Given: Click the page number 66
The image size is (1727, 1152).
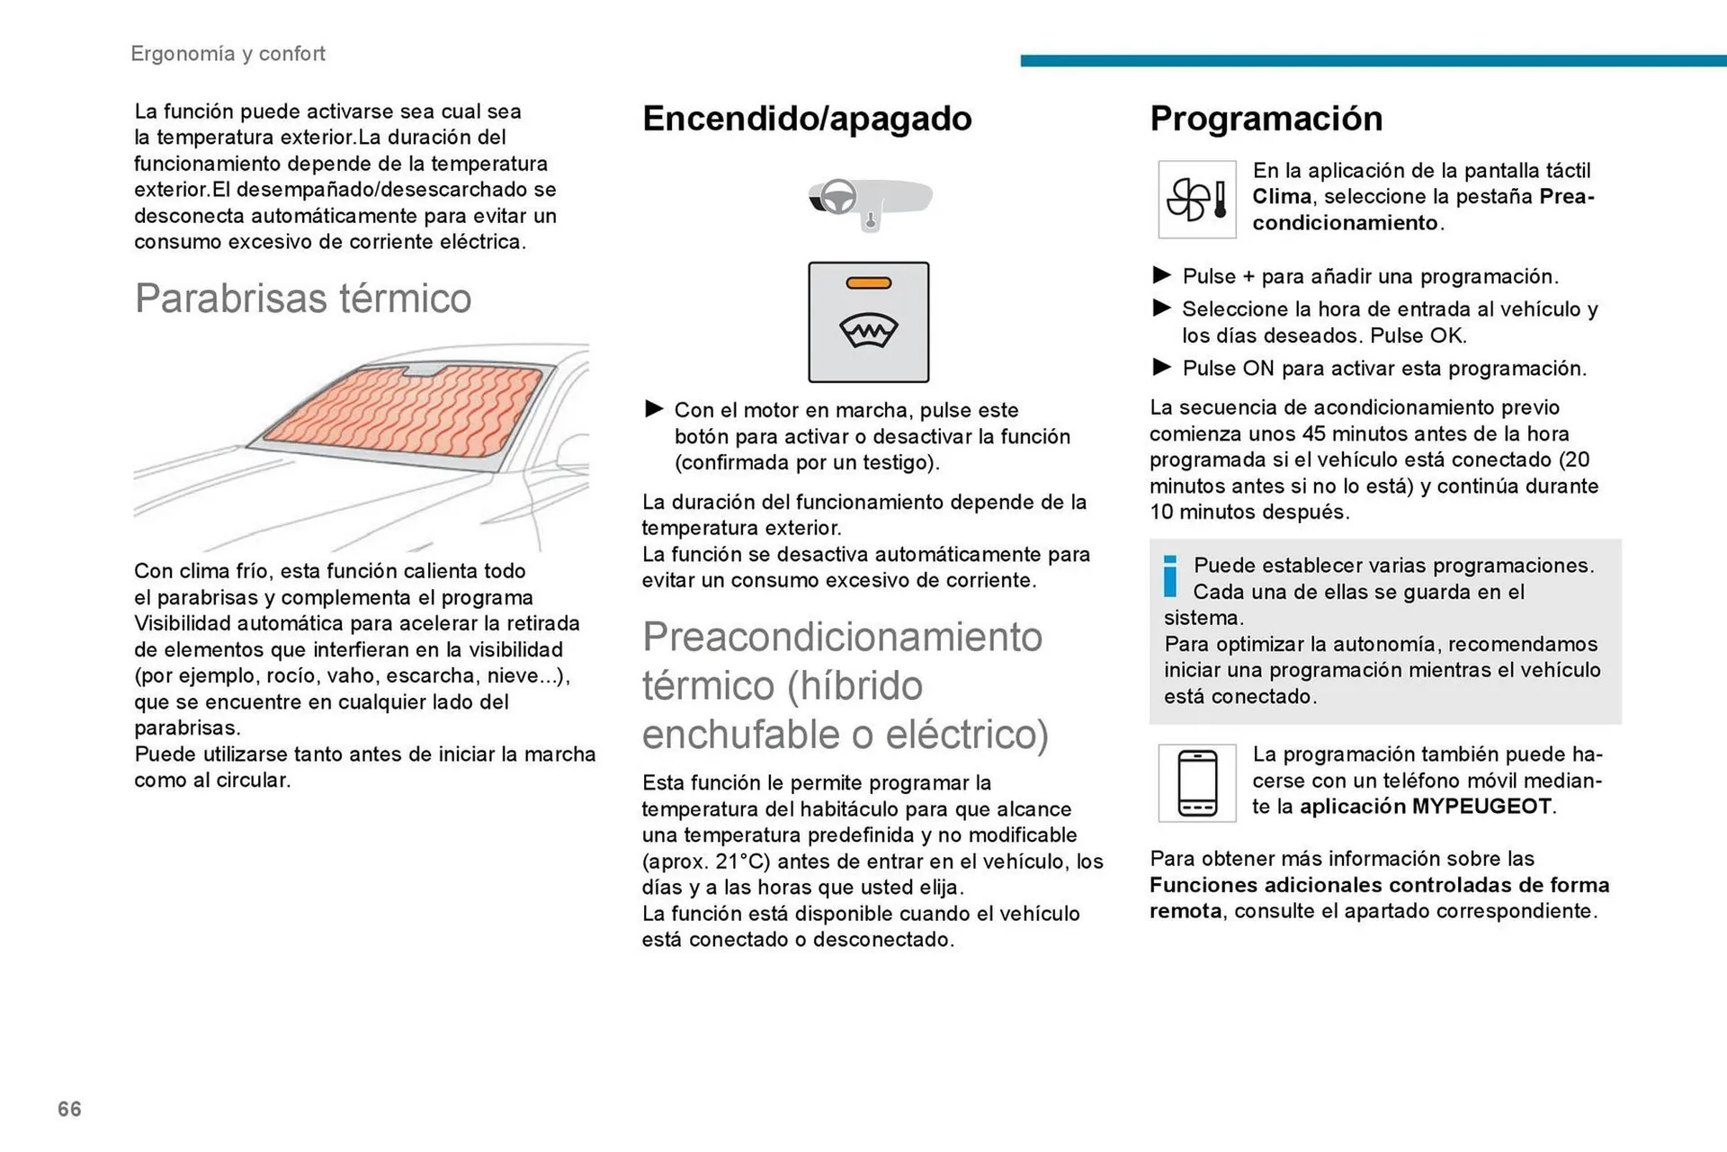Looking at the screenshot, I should click(x=69, y=1109).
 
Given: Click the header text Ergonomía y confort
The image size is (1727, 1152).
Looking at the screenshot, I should click(x=228, y=54).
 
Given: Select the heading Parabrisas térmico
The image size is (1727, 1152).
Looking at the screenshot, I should click(x=302, y=299).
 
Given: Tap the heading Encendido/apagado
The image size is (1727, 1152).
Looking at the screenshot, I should click(x=807, y=119).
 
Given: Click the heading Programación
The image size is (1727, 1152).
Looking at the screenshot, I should click(x=1266, y=119).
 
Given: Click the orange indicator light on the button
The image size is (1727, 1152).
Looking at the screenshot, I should click(x=868, y=283).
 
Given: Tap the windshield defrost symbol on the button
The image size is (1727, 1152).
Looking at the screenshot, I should click(x=868, y=331).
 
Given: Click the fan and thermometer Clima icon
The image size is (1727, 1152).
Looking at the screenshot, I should click(x=1196, y=200).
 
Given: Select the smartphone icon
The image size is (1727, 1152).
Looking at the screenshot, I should click(x=1197, y=783).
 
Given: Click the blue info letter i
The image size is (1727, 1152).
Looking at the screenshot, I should click(x=1169, y=576).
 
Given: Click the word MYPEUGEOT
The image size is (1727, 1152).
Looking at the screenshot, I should click(x=1481, y=807).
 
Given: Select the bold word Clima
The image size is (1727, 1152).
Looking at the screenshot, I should click(x=1281, y=197).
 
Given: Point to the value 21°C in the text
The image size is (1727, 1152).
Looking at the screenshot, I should click(x=742, y=862).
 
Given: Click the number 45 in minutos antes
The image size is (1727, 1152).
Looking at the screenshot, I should click(x=1314, y=433).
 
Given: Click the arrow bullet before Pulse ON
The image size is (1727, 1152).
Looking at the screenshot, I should click(x=1161, y=367).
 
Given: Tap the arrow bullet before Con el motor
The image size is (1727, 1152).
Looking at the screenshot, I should click(x=654, y=409).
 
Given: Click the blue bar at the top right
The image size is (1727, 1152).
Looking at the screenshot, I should click(x=1373, y=61).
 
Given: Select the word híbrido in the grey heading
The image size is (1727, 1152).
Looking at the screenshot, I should click(x=855, y=686).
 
